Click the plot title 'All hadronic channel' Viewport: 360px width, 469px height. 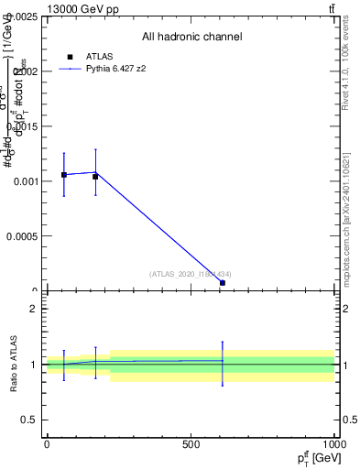(x=191, y=37)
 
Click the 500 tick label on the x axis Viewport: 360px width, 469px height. (x=191, y=444)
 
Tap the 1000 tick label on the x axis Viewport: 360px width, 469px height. (x=333, y=444)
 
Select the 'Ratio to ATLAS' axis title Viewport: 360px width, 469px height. (x=14, y=365)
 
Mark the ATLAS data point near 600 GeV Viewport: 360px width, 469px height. (x=223, y=283)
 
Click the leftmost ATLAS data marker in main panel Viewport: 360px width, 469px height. (x=63, y=174)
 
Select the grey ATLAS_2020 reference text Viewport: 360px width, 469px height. (x=191, y=273)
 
